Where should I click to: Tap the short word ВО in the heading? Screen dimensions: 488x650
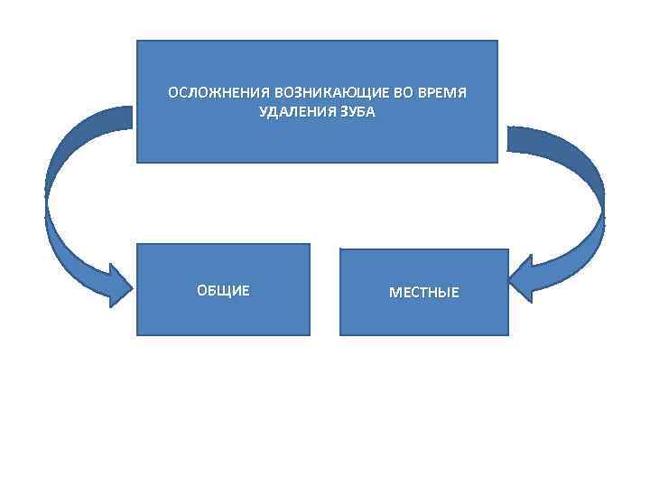379,93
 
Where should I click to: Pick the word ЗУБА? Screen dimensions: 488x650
353,112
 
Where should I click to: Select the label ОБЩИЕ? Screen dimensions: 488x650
223,291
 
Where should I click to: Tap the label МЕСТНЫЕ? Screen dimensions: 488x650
423,293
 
